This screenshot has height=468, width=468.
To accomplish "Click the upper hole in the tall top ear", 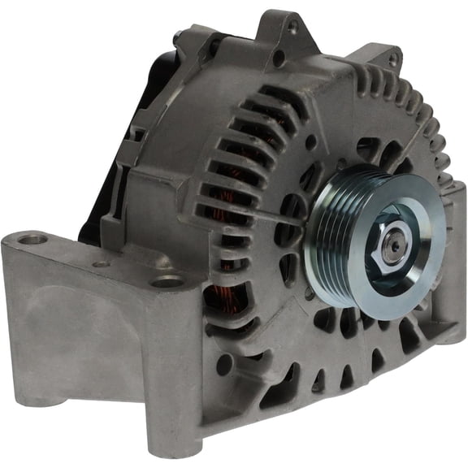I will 292,26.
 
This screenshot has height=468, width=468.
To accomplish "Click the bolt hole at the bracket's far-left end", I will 32,240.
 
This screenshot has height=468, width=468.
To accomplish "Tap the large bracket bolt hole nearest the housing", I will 167,281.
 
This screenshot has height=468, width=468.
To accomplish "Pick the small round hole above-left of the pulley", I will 310,141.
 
